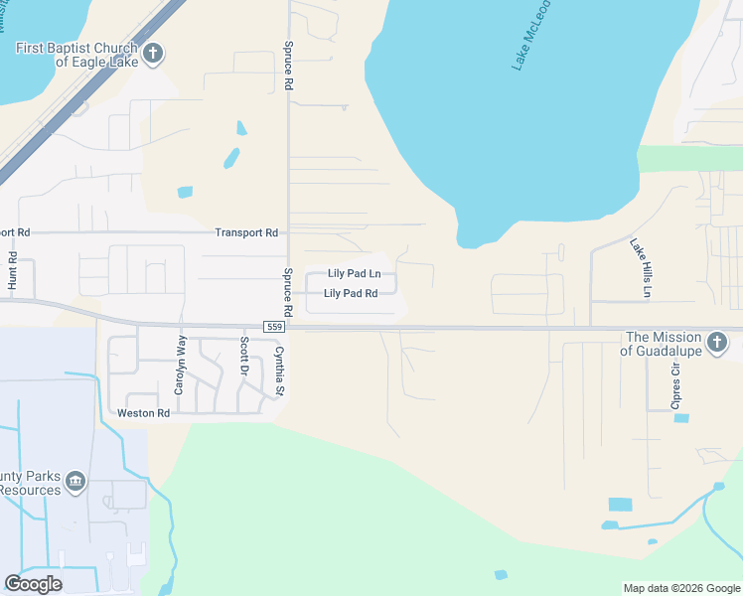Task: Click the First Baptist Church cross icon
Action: click(153, 54)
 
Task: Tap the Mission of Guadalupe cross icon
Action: click(718, 343)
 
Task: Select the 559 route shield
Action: click(276, 327)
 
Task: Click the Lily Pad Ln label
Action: click(355, 274)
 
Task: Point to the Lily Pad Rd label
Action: click(351, 294)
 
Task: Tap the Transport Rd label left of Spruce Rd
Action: click(246, 232)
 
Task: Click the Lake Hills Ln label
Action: click(641, 267)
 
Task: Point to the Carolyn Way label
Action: click(180, 365)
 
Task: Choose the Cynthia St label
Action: click(279, 371)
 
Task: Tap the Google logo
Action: click(34, 583)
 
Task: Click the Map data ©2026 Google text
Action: click(681, 588)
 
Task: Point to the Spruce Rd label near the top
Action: click(289, 68)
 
